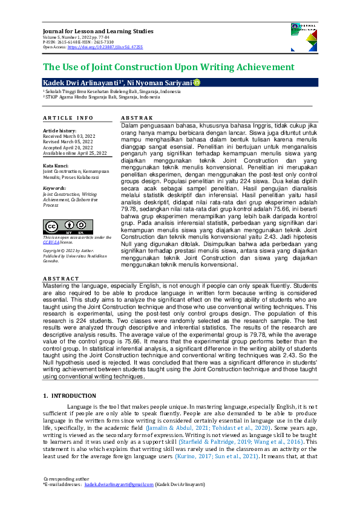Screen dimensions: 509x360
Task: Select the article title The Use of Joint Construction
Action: point(168,67)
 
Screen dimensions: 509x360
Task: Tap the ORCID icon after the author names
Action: point(196,82)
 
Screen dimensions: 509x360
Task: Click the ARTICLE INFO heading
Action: point(68,117)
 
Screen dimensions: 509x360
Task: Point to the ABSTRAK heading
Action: point(137,117)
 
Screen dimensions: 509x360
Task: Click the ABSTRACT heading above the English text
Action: point(61,279)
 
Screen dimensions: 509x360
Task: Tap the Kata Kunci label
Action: point(56,165)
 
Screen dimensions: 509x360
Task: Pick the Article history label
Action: point(59,131)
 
